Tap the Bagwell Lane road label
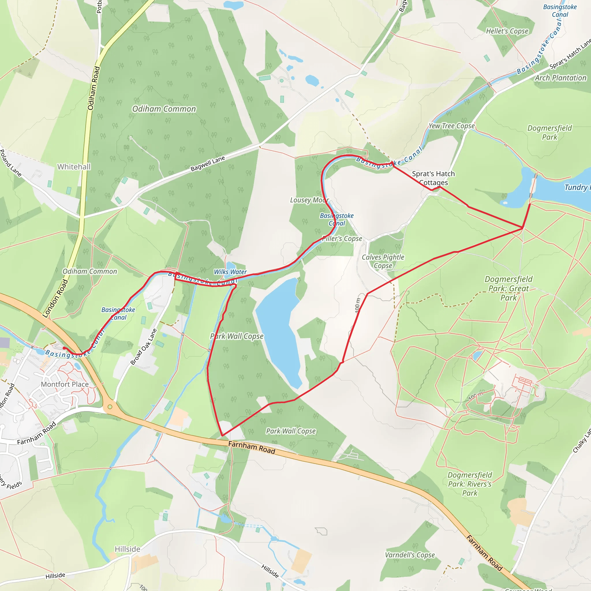(x=207, y=164)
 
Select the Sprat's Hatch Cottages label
(x=433, y=178)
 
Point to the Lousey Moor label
(x=309, y=200)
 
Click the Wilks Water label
(x=230, y=272)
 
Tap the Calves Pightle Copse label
(x=383, y=261)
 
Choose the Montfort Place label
(x=65, y=384)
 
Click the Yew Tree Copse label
(x=452, y=126)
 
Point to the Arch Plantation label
(x=560, y=78)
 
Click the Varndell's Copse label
(x=409, y=555)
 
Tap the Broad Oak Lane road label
(x=143, y=347)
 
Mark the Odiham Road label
(x=93, y=88)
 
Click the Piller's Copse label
(x=342, y=239)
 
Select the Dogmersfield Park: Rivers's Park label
(x=470, y=484)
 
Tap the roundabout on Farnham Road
(x=110, y=407)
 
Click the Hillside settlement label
(x=127, y=549)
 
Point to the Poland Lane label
(x=10, y=163)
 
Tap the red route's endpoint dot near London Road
(x=64, y=348)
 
